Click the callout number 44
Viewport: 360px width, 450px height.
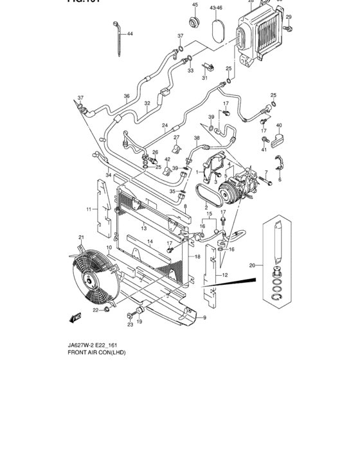coord(130,33)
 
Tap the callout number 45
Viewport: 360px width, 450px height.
coord(194,5)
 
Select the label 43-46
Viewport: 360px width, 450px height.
coord(216,7)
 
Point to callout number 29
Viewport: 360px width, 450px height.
coord(289,17)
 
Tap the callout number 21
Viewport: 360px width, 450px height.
coord(82,238)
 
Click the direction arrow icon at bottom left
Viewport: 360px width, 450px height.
coord(75,317)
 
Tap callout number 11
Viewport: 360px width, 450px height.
coord(89,210)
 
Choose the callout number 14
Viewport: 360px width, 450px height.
coord(149,242)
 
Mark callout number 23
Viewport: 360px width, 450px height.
coord(129,325)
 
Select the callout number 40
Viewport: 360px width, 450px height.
coord(279,125)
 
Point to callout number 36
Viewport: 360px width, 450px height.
coord(127,96)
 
